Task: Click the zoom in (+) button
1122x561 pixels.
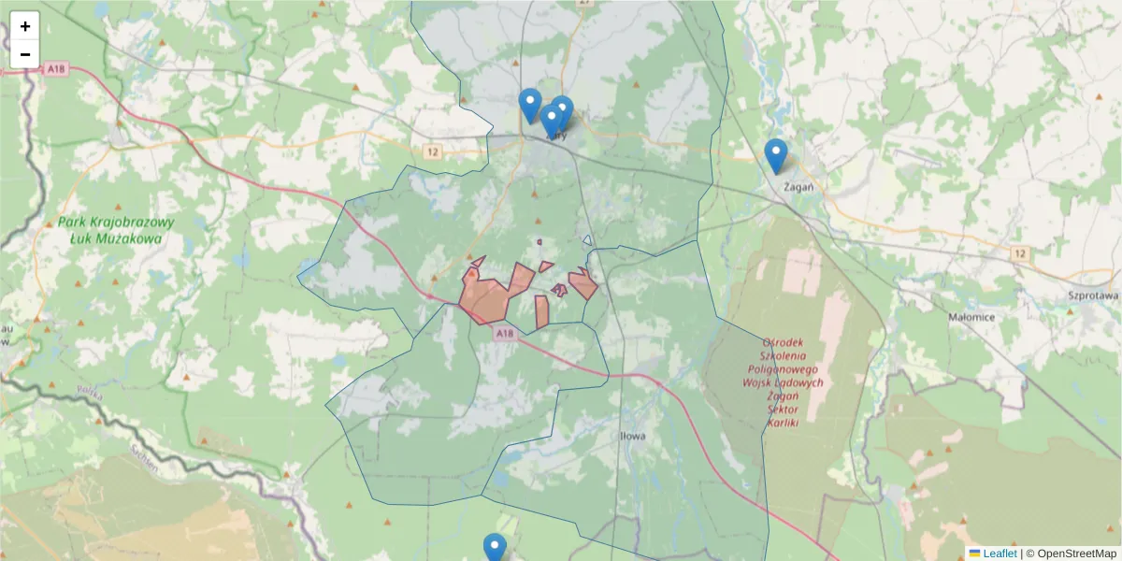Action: [25, 26]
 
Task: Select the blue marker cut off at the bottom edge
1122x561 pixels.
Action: [495, 548]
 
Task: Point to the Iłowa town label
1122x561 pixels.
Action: [633, 436]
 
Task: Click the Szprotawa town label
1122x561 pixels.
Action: [1093, 295]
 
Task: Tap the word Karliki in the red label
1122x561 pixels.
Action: [783, 423]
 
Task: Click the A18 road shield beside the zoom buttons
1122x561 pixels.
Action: [58, 68]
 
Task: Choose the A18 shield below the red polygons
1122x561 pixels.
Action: [505, 334]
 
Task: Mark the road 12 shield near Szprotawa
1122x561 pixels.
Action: [1019, 253]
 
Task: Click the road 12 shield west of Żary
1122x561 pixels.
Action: [431, 151]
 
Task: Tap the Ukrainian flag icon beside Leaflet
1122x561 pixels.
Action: [975, 554]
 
